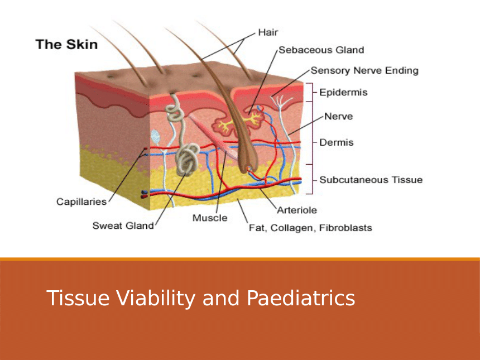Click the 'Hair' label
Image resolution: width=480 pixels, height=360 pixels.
[268, 32]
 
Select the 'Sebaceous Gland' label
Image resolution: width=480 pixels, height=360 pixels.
[321, 50]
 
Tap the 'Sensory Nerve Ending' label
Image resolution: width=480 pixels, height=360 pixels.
[364, 71]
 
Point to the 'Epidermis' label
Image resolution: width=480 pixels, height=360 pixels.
[343, 93]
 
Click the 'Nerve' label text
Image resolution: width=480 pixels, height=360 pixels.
[339, 116]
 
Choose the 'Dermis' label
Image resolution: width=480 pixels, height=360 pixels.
[337, 142]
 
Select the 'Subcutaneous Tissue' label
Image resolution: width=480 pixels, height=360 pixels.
[371, 180]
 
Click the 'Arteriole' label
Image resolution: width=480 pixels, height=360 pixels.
[297, 210]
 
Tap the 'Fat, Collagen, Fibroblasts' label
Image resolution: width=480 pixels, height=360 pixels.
[310, 228]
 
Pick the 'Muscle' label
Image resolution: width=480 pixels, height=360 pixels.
[210, 218]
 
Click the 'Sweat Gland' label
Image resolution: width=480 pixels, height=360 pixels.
[123, 225]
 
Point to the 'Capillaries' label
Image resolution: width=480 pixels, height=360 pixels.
[81, 201]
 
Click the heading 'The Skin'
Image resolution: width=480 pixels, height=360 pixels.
[67, 45]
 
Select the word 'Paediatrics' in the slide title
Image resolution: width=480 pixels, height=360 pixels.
[301, 298]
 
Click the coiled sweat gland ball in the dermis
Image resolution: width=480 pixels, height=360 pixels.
[188, 159]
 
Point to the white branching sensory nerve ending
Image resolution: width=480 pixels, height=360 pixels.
[280, 102]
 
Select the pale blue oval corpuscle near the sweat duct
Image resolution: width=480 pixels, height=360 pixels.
[156, 137]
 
